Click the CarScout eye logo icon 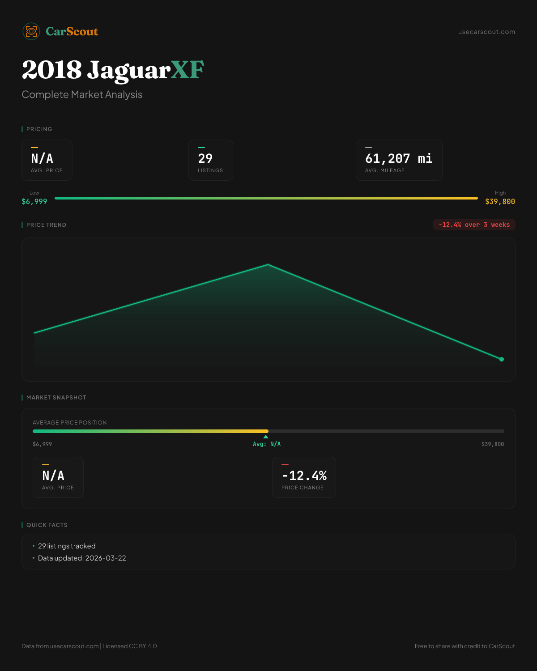coord(31,31)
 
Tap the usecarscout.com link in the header coord(486,32)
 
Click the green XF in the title coord(188,70)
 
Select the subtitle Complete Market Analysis coord(82,94)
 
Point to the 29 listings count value coord(205,158)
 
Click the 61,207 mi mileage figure coord(399,158)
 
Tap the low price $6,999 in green coord(34,202)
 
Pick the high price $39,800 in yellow coord(500,202)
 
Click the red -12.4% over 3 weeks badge coord(474,225)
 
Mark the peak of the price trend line coord(268,265)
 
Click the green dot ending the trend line coord(502,359)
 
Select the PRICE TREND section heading coord(46,225)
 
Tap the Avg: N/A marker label coord(267,444)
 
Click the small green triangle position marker coord(266,437)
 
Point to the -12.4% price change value coord(304,476)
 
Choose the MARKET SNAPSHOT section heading coord(56,398)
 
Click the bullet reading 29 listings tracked coord(67,546)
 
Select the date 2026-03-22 coord(106,558)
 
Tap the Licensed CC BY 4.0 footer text coord(130,646)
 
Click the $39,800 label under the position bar coord(493,444)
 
